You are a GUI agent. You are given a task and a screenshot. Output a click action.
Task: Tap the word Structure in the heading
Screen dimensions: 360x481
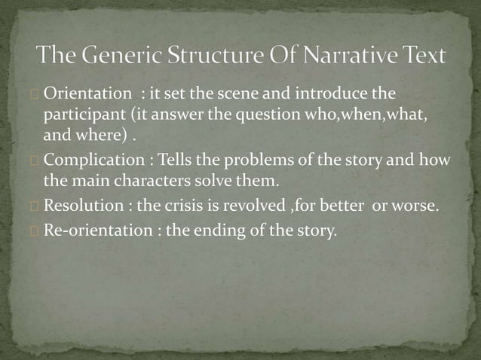[x=216, y=56]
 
